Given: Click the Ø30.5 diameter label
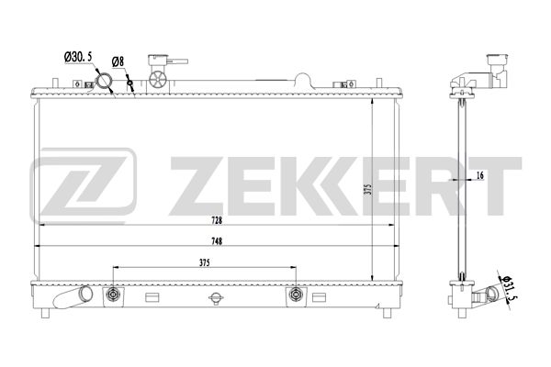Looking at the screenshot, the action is (x=78, y=56).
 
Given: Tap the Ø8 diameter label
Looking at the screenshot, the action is (x=118, y=61).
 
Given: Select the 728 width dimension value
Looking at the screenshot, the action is (x=217, y=220).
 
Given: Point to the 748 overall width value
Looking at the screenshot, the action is (x=217, y=241).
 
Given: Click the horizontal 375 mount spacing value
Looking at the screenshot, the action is (x=204, y=262).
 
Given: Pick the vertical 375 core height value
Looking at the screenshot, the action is (x=367, y=190).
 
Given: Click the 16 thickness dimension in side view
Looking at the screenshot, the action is (x=480, y=175).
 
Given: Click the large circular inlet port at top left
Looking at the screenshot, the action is (x=104, y=81).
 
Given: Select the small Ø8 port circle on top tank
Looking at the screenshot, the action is (x=129, y=83).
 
